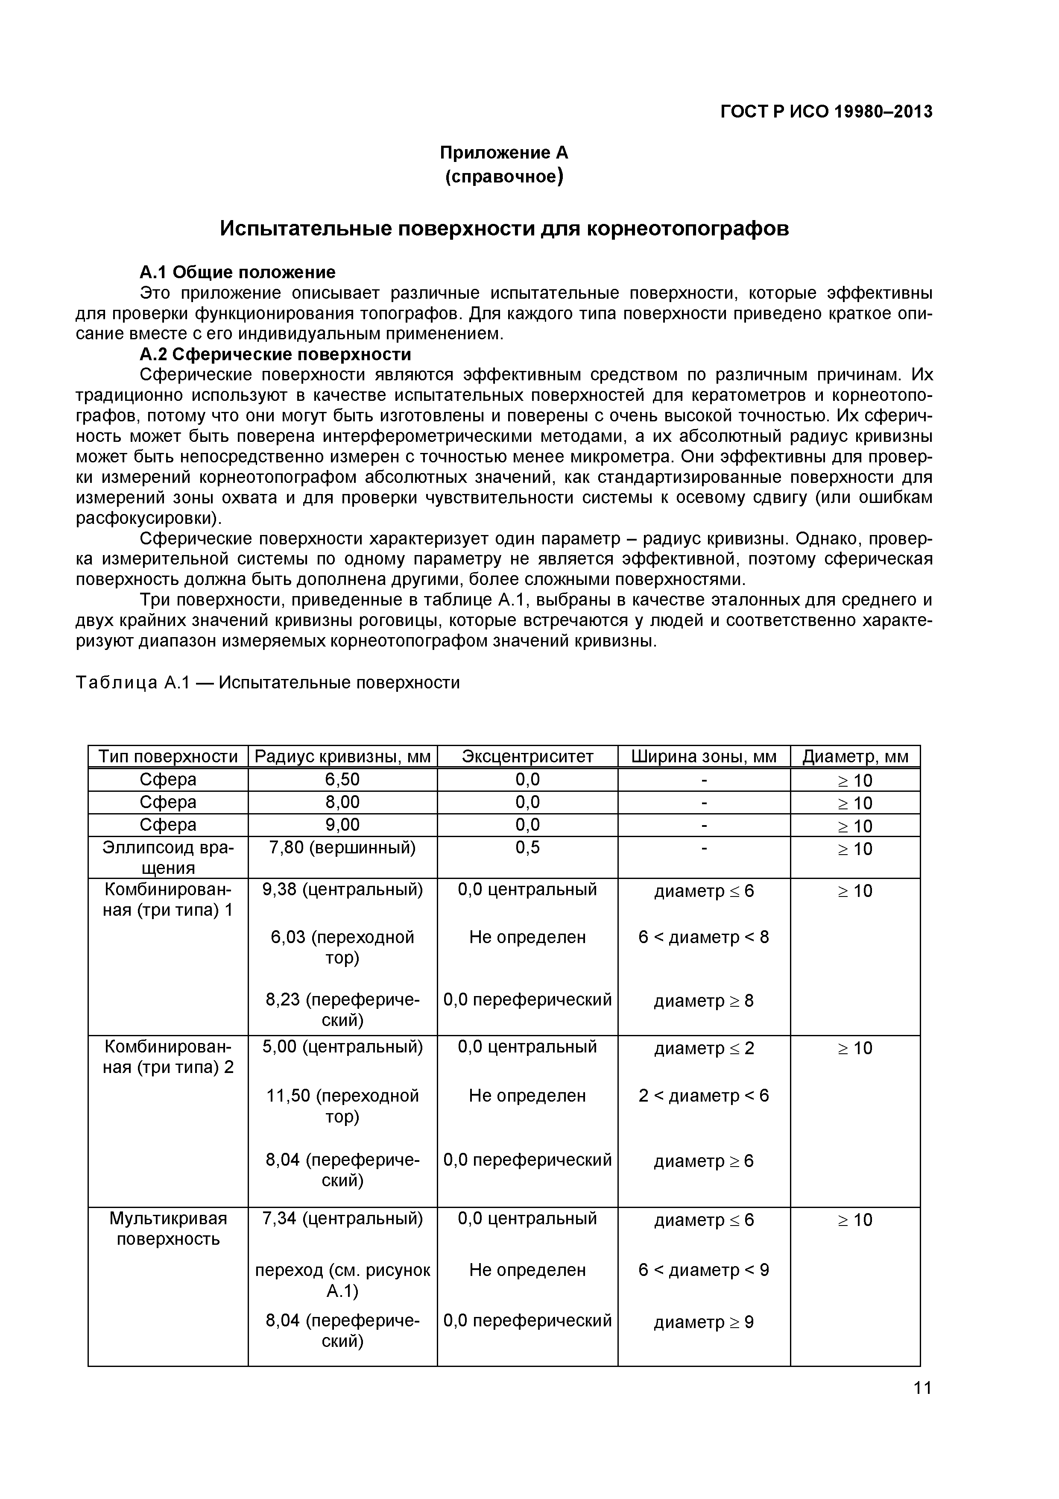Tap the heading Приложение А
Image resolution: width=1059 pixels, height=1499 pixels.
(x=504, y=153)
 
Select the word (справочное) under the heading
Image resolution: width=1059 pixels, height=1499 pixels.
(x=504, y=176)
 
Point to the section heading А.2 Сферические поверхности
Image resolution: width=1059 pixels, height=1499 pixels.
(x=275, y=355)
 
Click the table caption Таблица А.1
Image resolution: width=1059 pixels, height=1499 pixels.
(x=267, y=682)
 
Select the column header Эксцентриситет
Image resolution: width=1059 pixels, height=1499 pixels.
(x=527, y=757)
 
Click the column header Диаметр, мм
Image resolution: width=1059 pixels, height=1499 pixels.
(x=855, y=757)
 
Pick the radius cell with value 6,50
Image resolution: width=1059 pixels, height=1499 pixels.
(x=342, y=779)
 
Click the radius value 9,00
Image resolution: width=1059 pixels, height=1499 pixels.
(x=342, y=825)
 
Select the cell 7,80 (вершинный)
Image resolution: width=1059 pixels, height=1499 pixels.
(x=342, y=847)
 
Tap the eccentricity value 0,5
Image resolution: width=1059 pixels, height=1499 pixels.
(x=527, y=847)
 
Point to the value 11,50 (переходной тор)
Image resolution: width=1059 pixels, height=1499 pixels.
(x=342, y=1105)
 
